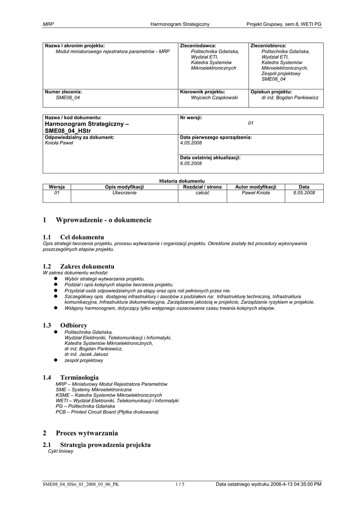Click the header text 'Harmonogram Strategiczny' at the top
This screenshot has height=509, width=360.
180,24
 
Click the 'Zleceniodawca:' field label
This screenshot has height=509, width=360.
198,46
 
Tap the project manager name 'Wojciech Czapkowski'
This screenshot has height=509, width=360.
214,98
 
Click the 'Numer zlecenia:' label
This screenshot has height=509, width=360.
64,92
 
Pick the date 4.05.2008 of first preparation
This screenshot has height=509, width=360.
191,143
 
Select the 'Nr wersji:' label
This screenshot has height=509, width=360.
191,117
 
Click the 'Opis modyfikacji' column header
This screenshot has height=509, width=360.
124,187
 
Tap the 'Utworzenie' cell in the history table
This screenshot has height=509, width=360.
124,193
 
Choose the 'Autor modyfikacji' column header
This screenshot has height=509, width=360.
256,187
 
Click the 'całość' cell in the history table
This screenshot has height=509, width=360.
202,193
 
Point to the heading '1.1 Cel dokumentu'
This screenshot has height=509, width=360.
74,237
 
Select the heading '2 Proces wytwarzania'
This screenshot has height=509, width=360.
81,433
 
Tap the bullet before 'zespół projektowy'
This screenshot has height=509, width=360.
56,360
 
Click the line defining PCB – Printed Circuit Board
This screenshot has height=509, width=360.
107,412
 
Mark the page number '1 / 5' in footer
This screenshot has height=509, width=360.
180,484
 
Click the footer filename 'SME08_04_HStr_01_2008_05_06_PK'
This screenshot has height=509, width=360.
81,484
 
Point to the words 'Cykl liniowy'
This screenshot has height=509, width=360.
61,451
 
